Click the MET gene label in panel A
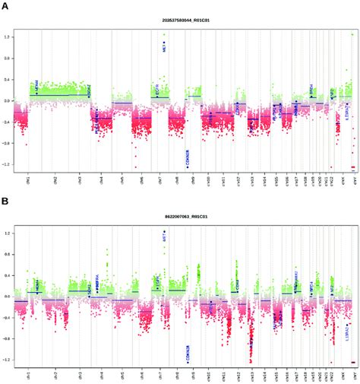point(164,48)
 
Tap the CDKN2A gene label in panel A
point(187,157)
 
